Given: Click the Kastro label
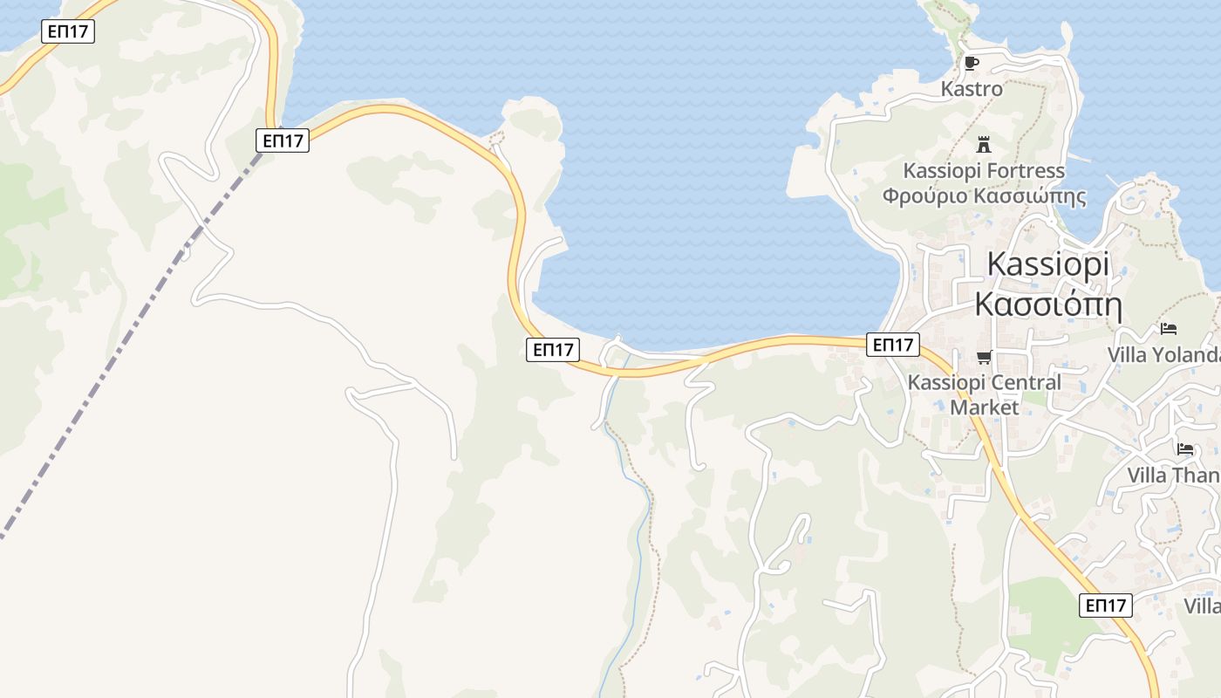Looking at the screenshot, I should point(972,89).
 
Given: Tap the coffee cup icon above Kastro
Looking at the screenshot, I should point(972,63).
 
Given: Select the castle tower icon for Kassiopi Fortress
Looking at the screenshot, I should point(984,144).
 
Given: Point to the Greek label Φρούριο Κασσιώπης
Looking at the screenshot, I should point(984,195).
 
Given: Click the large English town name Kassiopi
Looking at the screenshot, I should point(1048,264).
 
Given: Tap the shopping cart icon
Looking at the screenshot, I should point(985,357).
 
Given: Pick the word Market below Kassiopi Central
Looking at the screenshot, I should point(984,407).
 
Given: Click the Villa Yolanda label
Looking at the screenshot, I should point(1163,355).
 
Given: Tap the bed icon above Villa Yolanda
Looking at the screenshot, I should point(1169,329).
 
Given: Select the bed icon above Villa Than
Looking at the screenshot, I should point(1184,449).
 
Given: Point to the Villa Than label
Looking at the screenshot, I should point(1172,476).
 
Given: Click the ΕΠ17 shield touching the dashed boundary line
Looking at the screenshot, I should point(283,140).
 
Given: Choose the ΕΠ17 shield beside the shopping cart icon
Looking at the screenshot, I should point(894,345).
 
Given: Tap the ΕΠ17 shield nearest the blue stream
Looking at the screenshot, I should point(553,350).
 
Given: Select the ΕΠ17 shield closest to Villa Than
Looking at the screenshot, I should point(1106,605).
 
